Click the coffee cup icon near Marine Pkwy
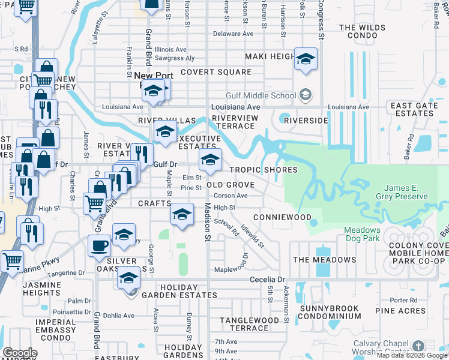(98, 244)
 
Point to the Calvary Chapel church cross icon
(418, 346)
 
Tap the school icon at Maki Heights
(306, 59)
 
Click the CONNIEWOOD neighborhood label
(282, 217)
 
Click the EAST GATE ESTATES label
(414, 109)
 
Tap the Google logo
(19, 353)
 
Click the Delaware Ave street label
(234, 34)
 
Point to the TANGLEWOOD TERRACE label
(249, 324)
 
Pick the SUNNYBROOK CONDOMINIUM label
(329, 312)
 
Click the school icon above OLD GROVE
(210, 160)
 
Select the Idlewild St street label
(252, 236)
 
